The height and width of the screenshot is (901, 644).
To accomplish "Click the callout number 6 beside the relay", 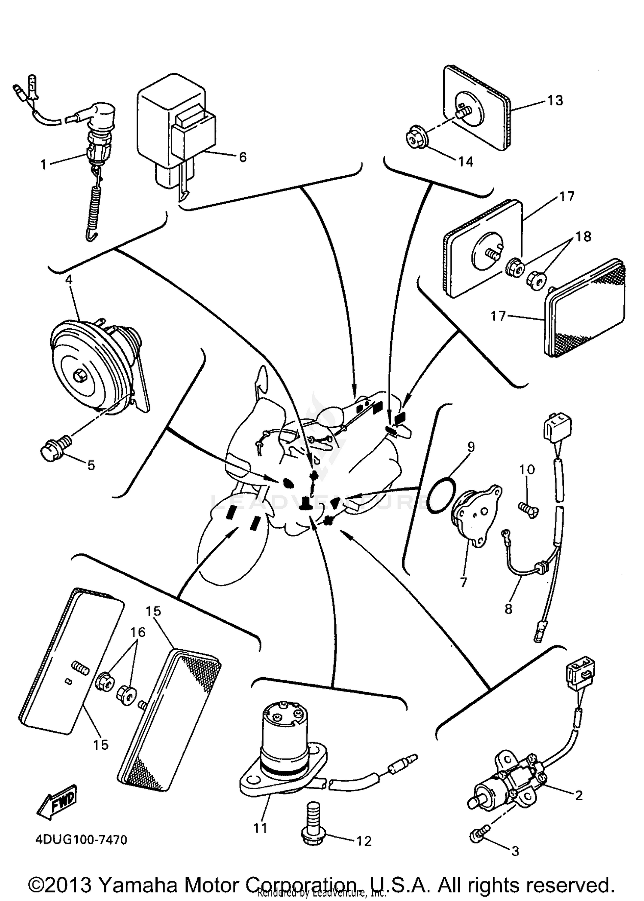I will pyautogui.click(x=243, y=157).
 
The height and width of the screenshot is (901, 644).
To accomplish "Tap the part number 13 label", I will pyautogui.click(x=555, y=100).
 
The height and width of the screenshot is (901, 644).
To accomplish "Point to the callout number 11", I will pyautogui.click(x=260, y=828).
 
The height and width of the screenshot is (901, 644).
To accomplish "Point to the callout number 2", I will pyautogui.click(x=578, y=795).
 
